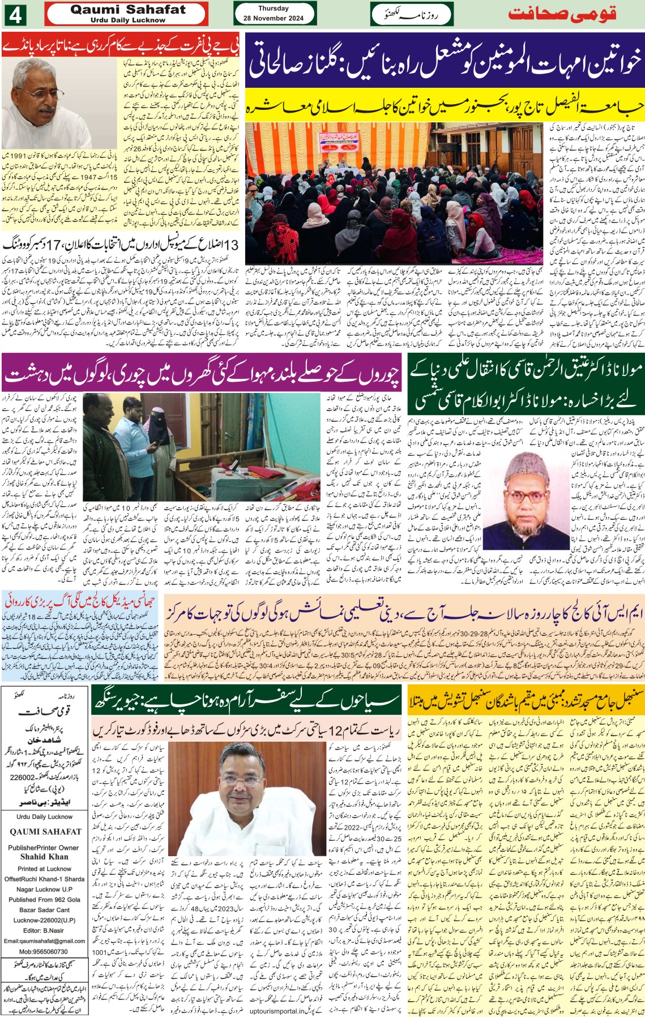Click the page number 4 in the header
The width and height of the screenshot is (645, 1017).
click(15, 15)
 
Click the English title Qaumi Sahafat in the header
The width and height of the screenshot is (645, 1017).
click(128, 10)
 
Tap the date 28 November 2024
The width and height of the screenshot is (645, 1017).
click(274, 18)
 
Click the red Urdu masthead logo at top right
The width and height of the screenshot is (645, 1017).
click(561, 14)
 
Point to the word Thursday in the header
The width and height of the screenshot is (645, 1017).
click(274, 8)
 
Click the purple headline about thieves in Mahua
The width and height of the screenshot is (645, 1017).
click(202, 374)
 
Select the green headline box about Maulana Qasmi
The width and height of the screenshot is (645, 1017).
click(525, 384)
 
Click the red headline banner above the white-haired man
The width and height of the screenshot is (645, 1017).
click(121, 45)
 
